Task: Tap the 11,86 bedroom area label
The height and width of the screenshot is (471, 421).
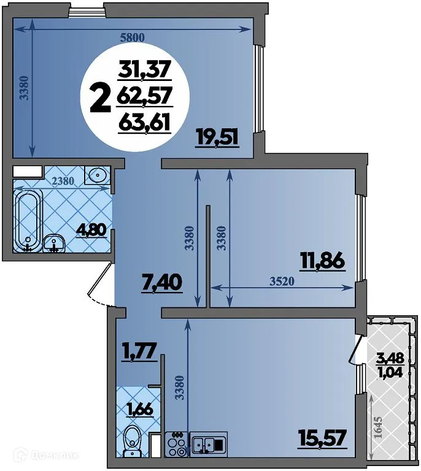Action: (322, 261)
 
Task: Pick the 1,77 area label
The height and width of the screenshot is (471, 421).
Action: (139, 354)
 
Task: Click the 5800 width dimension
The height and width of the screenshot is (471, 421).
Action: (132, 37)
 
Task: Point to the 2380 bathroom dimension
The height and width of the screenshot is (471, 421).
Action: (64, 181)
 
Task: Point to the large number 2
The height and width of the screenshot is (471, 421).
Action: (100, 98)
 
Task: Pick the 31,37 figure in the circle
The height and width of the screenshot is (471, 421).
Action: (145, 71)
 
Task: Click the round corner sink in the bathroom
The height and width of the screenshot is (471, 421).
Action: (97, 176)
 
